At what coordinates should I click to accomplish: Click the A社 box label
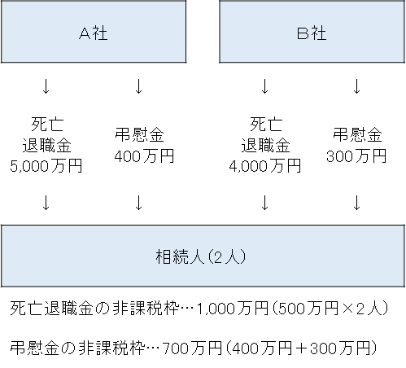click(x=94, y=33)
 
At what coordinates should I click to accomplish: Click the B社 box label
click(x=312, y=33)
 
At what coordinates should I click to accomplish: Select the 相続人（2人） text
click(x=201, y=256)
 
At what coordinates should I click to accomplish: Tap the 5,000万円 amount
click(x=46, y=166)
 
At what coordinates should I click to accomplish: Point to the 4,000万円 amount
click(x=265, y=166)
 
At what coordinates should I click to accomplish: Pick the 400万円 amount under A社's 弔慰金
click(x=144, y=156)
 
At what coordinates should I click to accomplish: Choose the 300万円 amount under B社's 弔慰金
click(x=356, y=156)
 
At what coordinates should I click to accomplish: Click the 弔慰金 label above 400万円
click(x=139, y=135)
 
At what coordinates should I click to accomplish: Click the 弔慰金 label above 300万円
click(x=357, y=135)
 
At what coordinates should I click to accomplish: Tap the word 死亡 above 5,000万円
click(x=47, y=125)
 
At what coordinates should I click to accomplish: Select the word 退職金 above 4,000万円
click(x=266, y=145)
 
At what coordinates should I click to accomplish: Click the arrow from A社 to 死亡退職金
click(x=46, y=86)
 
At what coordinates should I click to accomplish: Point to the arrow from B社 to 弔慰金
click(x=357, y=86)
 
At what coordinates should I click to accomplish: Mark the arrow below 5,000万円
click(x=46, y=203)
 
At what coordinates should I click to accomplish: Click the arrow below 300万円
click(x=357, y=203)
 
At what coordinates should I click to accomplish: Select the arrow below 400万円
click(x=138, y=203)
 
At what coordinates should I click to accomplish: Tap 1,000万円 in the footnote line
click(x=233, y=309)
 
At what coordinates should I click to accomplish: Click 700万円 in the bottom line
click(x=192, y=348)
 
